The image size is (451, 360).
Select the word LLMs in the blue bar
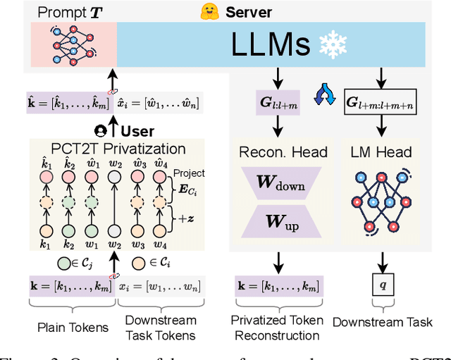click(270, 44)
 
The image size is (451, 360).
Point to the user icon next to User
click(101, 131)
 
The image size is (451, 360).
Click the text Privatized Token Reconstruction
click(278, 328)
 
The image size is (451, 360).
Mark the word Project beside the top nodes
click(190, 173)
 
